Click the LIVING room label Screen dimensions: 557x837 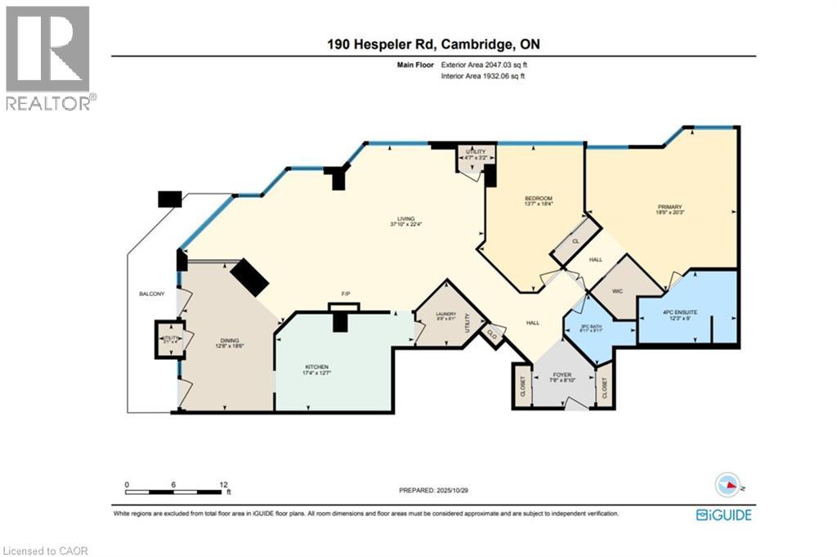click(x=402, y=219)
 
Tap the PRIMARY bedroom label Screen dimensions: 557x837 click(x=669, y=208)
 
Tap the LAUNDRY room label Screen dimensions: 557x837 click(x=445, y=313)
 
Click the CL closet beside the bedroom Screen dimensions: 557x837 click(x=575, y=241)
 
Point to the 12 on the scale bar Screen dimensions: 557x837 click(x=222, y=484)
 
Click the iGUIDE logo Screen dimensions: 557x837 click(x=723, y=514)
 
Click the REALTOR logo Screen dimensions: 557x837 click(x=48, y=57)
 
